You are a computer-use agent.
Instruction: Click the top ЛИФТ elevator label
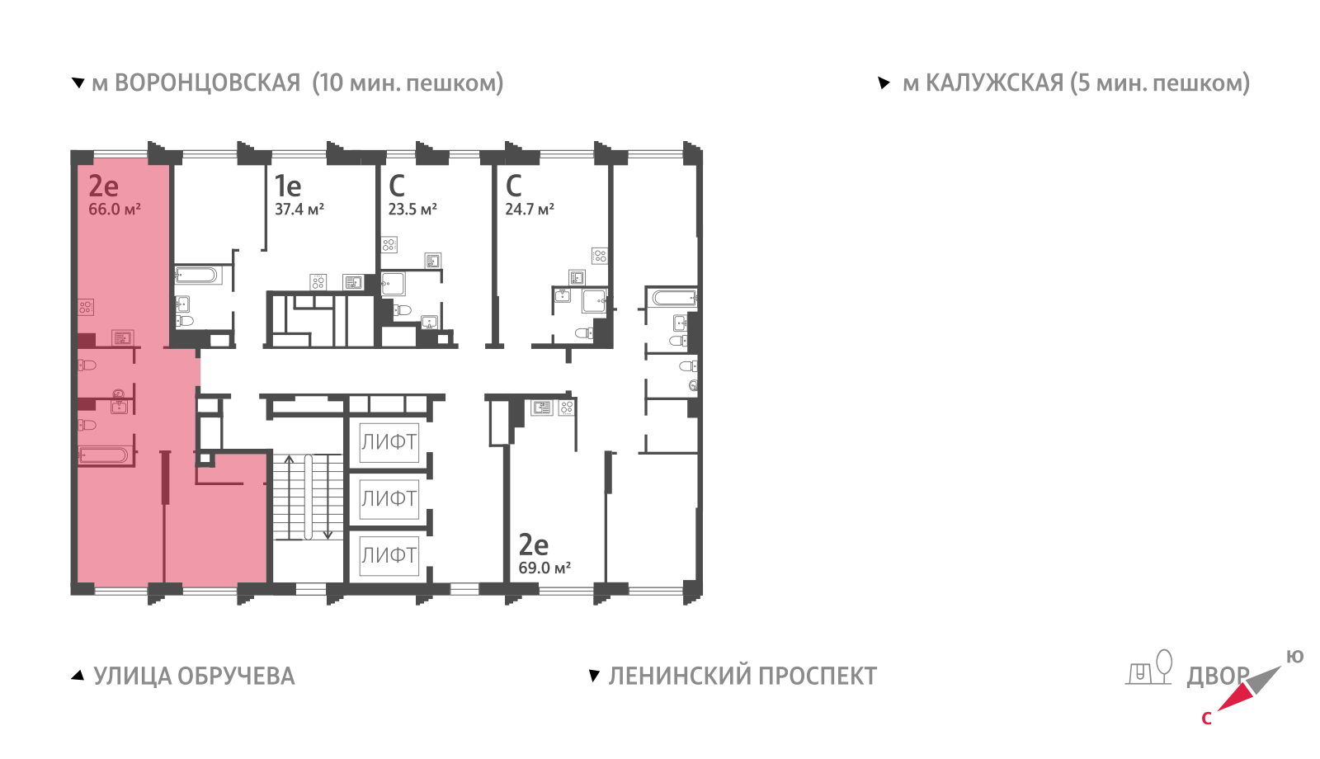tap(389, 442)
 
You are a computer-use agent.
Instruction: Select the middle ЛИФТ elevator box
tap(389, 498)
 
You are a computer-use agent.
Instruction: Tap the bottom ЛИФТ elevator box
tap(389, 555)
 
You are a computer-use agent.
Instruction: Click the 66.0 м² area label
tap(115, 210)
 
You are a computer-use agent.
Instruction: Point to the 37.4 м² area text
tap(299, 210)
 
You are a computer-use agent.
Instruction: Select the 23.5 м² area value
tap(412, 210)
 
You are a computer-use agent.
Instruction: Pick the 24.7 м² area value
tap(530, 210)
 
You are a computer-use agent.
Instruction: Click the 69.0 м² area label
tap(544, 568)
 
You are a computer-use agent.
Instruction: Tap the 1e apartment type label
tap(288, 186)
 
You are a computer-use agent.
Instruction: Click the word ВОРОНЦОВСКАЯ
tap(207, 83)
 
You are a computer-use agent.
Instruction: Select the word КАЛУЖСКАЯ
tap(995, 83)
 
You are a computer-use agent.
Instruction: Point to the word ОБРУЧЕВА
tap(236, 676)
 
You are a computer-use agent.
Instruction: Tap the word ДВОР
tap(1218, 676)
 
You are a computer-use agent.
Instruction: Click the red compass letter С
tap(1206, 719)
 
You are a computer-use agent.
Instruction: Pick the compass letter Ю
tap(1294, 657)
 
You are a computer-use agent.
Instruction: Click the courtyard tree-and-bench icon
tap(1148, 667)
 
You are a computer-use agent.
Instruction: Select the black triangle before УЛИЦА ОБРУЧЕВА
tap(78, 676)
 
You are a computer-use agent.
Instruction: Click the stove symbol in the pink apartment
tap(86, 307)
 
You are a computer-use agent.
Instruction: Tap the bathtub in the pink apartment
tap(104, 455)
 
